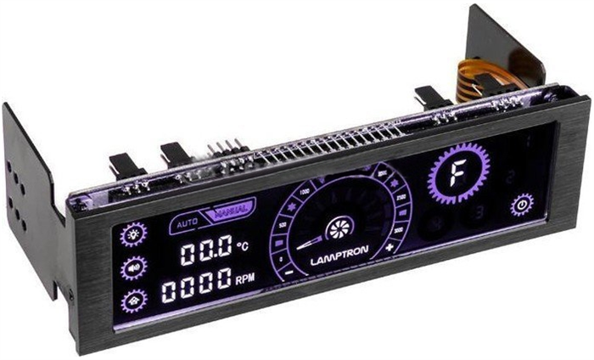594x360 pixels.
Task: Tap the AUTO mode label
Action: pyautogui.click(x=185, y=224)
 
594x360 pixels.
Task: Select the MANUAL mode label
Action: pyautogui.click(x=230, y=211)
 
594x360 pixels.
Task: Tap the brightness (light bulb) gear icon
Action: pyautogui.click(x=133, y=233)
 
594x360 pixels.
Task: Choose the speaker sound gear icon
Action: pyautogui.click(x=133, y=267)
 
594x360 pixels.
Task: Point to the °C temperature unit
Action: pyautogui.click(x=243, y=246)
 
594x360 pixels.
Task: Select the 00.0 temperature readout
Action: pyautogui.click(x=205, y=250)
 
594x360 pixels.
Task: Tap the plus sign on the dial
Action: pyautogui.click(x=389, y=247)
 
